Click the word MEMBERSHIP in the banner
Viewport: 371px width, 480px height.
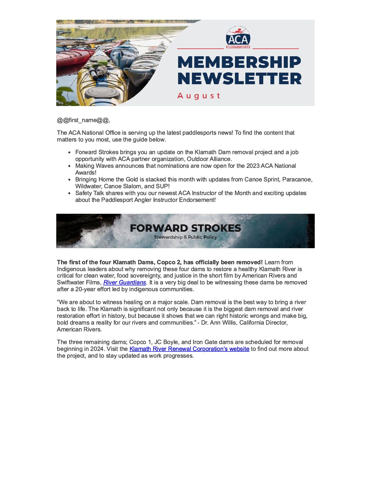coord(239,62)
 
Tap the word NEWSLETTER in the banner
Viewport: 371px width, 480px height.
coord(239,79)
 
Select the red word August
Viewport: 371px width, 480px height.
coord(199,96)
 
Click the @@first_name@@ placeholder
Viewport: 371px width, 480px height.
coord(83,120)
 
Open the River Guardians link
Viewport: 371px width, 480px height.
coord(124,282)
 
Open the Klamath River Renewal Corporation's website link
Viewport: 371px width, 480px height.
coord(189,349)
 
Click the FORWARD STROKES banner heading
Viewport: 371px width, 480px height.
coord(185,228)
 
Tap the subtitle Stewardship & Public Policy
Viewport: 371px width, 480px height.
coord(185,237)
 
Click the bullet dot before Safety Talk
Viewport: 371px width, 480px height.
coord(70,193)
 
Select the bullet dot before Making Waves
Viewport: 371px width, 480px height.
coord(70,166)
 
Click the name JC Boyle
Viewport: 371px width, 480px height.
coord(166,342)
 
